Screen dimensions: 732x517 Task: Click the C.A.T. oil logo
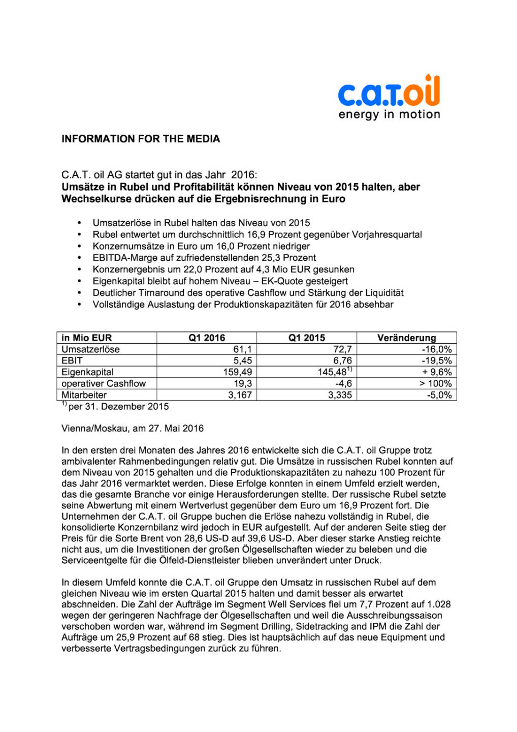(389, 91)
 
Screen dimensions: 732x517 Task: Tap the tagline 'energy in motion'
(389, 114)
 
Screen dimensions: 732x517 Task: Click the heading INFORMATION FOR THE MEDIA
(141, 139)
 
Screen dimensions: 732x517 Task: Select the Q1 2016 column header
(207, 338)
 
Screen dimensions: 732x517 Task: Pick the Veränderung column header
(406, 338)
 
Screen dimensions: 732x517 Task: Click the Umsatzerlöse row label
(90, 349)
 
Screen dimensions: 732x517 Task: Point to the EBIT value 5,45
(242, 360)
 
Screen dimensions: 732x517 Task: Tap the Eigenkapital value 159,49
(237, 372)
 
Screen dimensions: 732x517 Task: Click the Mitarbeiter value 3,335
(340, 395)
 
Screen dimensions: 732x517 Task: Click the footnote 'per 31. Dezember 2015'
(118, 406)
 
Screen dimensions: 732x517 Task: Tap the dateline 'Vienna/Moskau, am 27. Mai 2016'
(133, 428)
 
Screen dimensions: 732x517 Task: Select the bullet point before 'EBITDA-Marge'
(79, 258)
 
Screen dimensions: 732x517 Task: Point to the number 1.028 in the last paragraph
(439, 604)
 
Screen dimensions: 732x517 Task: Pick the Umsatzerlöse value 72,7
(342, 349)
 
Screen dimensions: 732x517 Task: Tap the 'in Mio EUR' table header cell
(87, 338)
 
